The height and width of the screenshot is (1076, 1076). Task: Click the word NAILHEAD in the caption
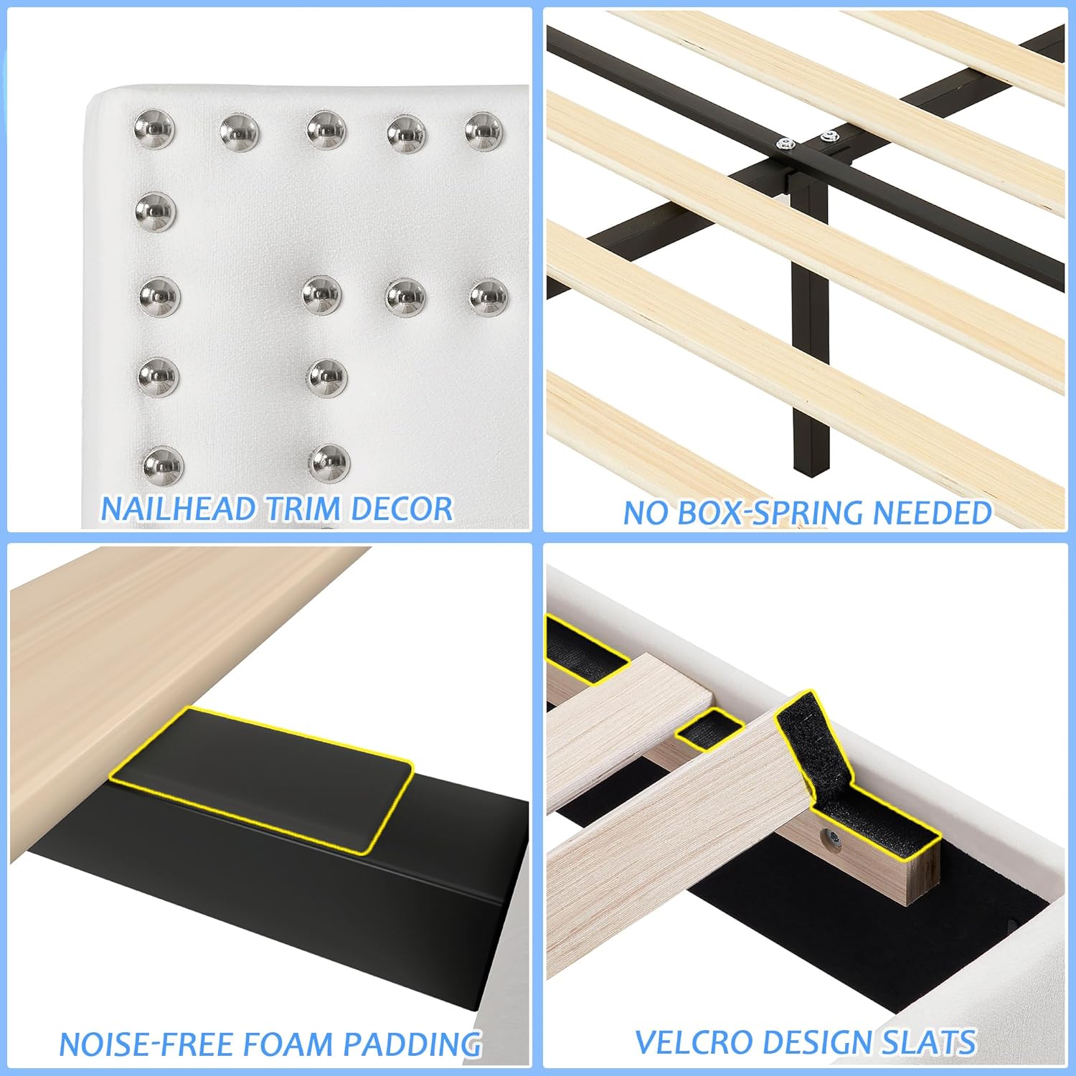[x=178, y=509]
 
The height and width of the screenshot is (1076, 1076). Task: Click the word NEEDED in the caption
[x=933, y=514]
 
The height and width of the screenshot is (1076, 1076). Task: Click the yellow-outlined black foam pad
[x=262, y=778]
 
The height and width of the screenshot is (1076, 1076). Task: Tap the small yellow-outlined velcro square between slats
[x=709, y=730]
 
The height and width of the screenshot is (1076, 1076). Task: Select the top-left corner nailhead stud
[x=154, y=129]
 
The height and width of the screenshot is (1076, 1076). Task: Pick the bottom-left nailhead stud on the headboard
[x=163, y=465]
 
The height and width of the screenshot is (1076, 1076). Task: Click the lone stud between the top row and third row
[x=155, y=212]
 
